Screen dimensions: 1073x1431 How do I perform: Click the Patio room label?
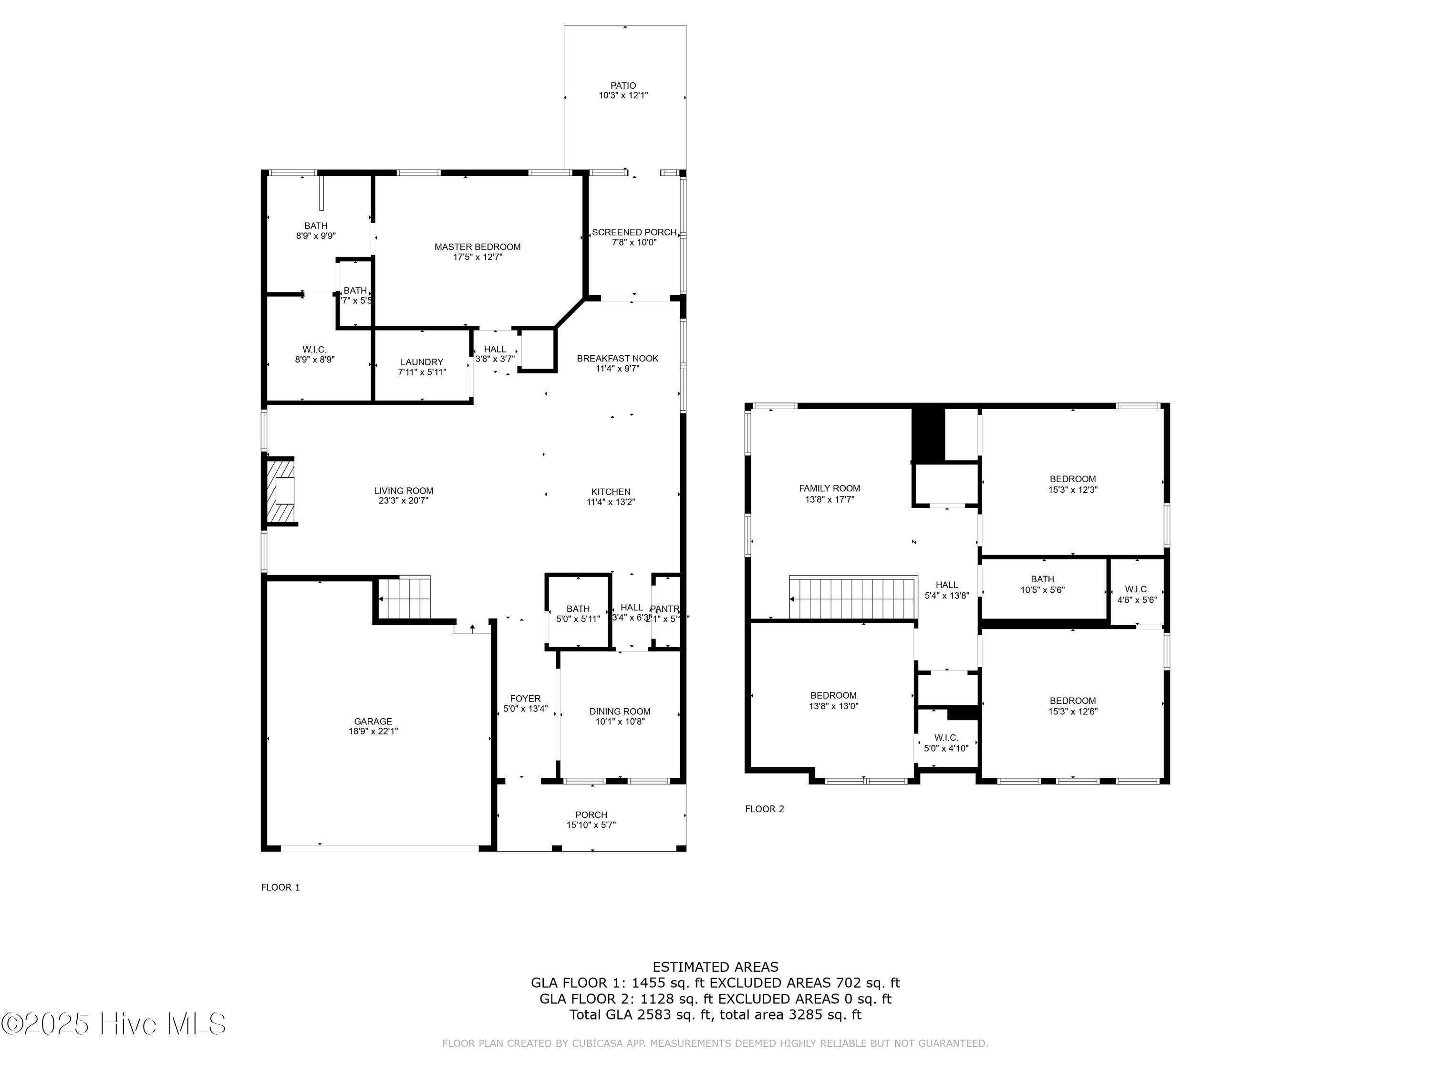pyautogui.click(x=623, y=85)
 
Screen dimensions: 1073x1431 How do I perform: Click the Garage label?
pyautogui.click(x=373, y=721)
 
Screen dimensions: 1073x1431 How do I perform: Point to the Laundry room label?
pyautogui.click(x=422, y=362)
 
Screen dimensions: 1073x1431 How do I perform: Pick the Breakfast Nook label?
pyautogui.click(x=617, y=358)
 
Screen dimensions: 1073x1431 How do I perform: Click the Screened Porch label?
pyautogui.click(x=634, y=232)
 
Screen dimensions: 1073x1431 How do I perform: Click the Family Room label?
pyautogui.click(x=830, y=488)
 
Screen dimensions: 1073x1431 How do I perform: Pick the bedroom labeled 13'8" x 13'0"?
pyautogui.click(x=834, y=701)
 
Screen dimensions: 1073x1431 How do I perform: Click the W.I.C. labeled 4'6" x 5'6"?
pyautogui.click(x=1137, y=594)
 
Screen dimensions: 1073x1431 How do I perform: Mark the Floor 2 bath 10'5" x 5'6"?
pyautogui.click(x=1042, y=585)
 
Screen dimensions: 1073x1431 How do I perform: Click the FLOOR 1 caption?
pyautogui.click(x=280, y=887)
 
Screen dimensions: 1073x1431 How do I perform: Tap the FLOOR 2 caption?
pyautogui.click(x=764, y=809)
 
